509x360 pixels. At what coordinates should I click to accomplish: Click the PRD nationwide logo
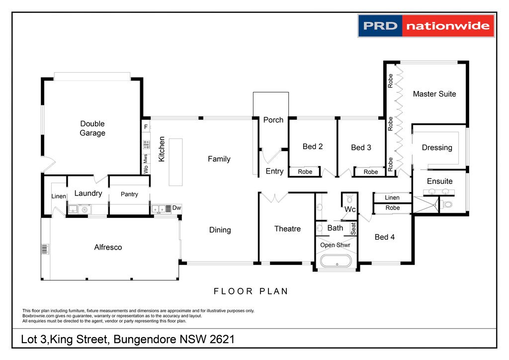[x=426, y=26]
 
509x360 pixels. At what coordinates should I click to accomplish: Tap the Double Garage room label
[x=92, y=128]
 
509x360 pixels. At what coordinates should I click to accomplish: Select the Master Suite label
[x=434, y=94]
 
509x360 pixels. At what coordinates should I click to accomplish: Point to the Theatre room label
[x=287, y=229]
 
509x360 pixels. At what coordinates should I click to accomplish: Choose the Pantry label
[x=129, y=194]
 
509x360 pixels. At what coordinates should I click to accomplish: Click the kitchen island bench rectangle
[x=175, y=162]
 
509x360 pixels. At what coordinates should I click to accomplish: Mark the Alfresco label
[x=108, y=247]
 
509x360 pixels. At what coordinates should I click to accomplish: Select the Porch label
[x=273, y=120]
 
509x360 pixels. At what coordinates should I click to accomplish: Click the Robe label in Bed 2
[x=305, y=172]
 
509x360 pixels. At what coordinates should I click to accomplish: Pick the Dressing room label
[x=437, y=148]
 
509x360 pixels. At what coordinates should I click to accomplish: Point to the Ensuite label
[x=440, y=181]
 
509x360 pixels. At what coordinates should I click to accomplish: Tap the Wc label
[x=350, y=210]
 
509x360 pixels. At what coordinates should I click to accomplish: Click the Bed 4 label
[x=385, y=237]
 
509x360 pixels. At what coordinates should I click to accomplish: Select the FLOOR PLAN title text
[x=251, y=291]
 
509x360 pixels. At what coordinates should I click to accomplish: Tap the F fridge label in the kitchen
[x=146, y=127]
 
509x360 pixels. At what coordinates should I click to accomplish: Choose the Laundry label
[x=88, y=193]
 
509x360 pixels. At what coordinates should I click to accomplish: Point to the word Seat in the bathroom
[x=353, y=228]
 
